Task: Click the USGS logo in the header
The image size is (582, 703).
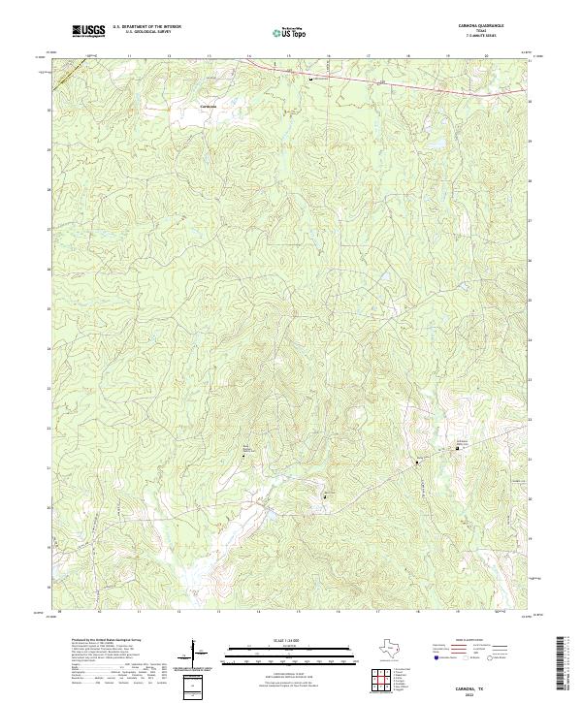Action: tap(89, 31)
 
